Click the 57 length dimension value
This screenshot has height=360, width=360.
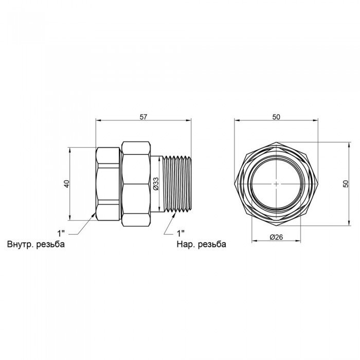(143, 117)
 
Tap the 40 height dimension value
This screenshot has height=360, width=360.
(66, 184)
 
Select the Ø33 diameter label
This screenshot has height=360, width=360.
(156, 184)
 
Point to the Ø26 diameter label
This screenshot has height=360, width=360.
(276, 237)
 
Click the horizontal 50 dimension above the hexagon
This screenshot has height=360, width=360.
(276, 117)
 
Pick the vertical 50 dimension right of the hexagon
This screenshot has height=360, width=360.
(346, 184)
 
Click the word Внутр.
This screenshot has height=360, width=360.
(21, 244)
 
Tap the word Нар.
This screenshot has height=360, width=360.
(185, 244)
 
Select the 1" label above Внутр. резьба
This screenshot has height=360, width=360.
(61, 233)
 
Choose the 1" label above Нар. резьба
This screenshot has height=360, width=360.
(181, 233)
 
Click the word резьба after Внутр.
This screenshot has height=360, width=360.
(50, 244)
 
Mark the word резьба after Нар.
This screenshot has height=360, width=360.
(211, 244)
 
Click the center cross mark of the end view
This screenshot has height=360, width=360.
(276, 184)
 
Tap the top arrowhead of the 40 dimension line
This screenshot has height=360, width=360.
(70, 150)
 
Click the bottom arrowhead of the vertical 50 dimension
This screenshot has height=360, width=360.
(349, 223)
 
